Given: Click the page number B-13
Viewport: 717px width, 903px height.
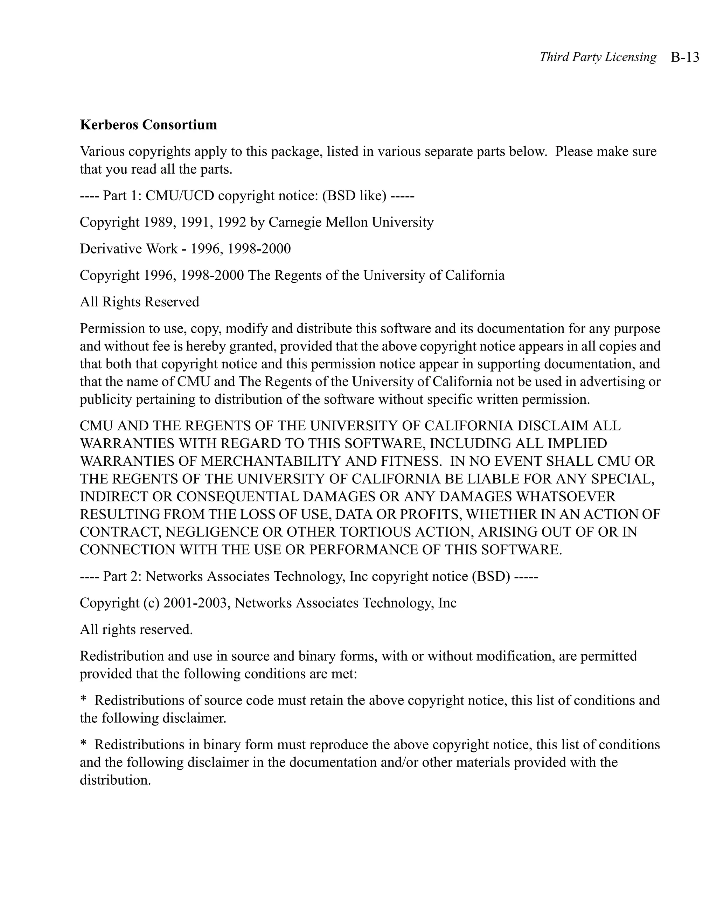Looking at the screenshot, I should (685, 57).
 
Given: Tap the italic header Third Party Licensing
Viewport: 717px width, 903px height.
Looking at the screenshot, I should (598, 57).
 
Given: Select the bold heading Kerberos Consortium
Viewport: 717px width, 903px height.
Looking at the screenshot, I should (148, 125).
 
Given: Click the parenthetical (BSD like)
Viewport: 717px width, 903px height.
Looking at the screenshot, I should (354, 196).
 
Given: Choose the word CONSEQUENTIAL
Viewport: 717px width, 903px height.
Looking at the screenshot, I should (238, 497).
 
